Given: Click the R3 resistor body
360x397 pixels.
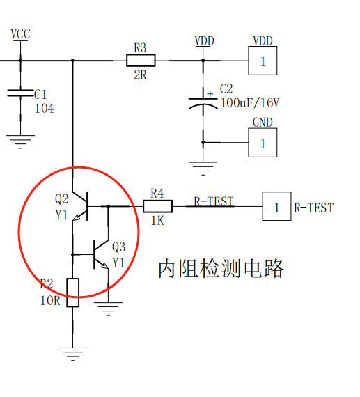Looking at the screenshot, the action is coord(141,61).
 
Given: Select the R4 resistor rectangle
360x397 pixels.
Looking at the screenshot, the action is coord(158,206).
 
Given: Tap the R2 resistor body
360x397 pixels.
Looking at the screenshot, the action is coord(73,293).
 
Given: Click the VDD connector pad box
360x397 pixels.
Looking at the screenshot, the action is coord(263,61).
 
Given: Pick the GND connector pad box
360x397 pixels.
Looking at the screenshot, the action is coord(263,143).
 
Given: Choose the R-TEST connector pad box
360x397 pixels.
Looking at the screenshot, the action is coord(276,206).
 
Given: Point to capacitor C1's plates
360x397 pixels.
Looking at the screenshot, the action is coord(20,93).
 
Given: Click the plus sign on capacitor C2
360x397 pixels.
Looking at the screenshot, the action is coord(210,94).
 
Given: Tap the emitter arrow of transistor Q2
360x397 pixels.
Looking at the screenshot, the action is coord(77,217).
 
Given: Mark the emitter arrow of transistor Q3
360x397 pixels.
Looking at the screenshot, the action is coord(104,265).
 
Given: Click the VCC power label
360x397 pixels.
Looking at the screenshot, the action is coord(20,34).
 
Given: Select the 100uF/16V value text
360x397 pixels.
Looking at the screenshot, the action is coord(250,103).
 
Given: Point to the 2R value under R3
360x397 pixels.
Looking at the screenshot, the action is coord(140,75).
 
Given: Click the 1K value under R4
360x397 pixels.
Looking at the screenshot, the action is coord(157,221).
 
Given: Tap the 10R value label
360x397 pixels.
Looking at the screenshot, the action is coord(50,301).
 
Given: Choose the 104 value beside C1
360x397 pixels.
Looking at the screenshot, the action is coord(45,109).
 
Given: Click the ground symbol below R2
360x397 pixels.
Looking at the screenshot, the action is coord(72,354).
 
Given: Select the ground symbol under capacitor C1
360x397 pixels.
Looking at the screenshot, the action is coord(20,142).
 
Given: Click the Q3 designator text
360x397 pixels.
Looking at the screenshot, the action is coord(119,247).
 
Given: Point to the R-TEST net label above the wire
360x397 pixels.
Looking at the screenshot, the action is coord(213,201).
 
